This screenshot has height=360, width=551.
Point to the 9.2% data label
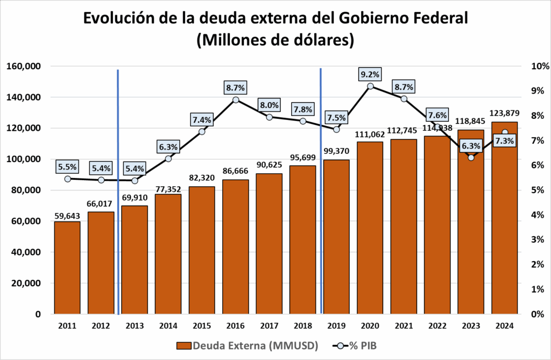(370, 74)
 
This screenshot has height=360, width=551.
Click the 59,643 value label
(67, 216)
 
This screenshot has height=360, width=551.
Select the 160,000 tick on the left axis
(23, 66)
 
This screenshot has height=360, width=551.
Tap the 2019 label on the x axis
(336, 326)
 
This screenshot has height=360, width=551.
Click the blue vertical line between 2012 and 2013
(118, 188)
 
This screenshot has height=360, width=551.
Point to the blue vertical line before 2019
(321, 188)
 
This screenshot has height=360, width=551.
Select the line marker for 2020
(370, 86)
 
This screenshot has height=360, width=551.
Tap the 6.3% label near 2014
(168, 146)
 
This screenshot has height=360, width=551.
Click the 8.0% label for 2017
(269, 105)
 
